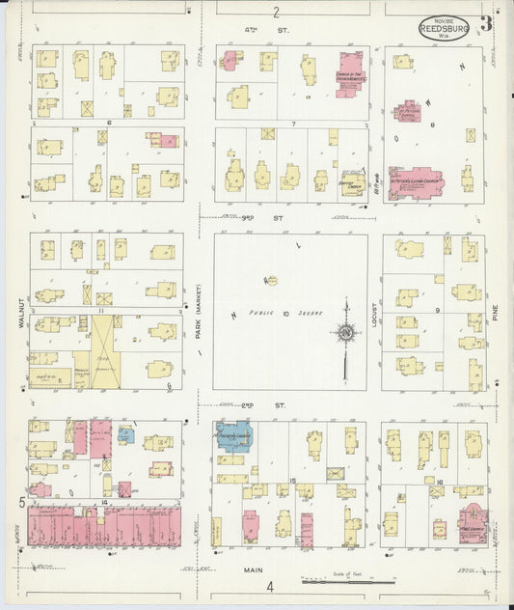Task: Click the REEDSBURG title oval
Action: tap(444, 28)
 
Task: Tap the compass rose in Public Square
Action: tap(344, 334)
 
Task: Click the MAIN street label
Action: tap(253, 569)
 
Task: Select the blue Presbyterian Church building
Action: tap(234, 436)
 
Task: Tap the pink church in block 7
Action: tap(349, 74)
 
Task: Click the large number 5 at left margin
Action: tap(21, 502)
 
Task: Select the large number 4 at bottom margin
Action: tap(271, 586)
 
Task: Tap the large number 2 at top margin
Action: tap(276, 12)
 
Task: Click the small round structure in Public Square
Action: tap(271, 281)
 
